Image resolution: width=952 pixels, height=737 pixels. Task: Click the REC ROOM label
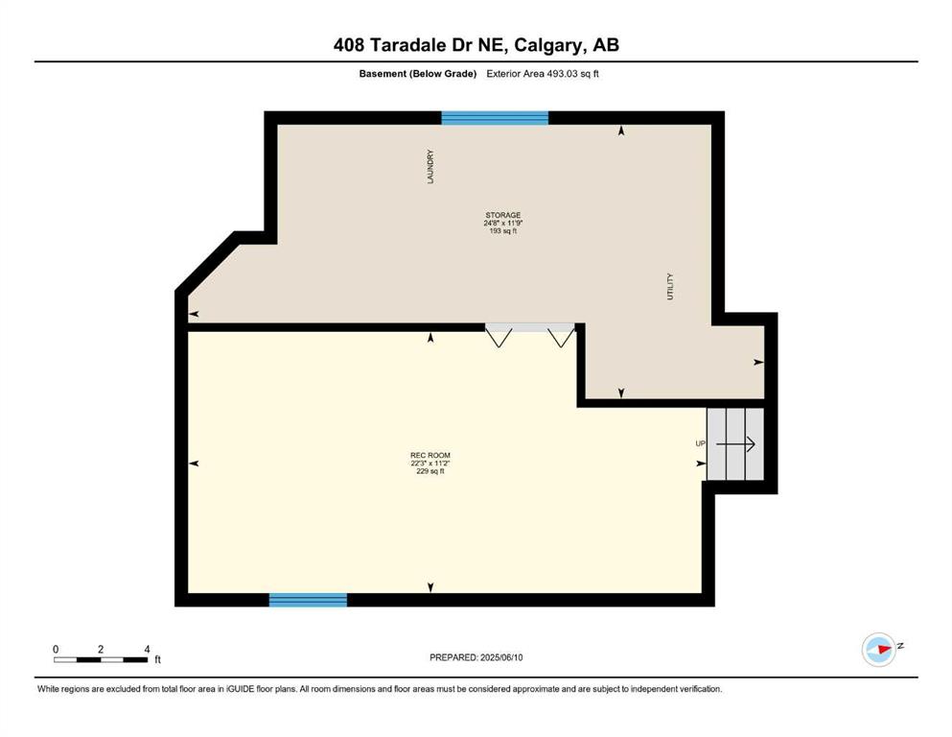point(430,455)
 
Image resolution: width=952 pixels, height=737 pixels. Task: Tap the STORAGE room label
point(502,215)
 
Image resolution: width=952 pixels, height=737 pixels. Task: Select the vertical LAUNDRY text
point(430,166)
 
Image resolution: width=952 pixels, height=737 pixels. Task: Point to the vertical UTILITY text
point(670,286)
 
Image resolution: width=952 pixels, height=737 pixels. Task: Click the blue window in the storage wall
point(495,118)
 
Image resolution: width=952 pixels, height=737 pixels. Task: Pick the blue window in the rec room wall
point(308,600)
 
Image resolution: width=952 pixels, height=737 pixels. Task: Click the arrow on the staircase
point(735,444)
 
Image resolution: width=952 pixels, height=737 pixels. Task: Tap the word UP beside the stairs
point(700,443)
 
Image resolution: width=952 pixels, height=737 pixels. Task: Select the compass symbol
point(879,650)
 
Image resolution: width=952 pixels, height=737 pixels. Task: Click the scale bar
point(101,660)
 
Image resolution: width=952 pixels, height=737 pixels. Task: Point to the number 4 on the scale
point(147,649)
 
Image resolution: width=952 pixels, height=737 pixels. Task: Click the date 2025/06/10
point(501,657)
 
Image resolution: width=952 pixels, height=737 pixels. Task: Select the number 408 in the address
point(349,45)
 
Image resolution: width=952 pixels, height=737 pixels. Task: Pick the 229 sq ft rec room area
point(430,471)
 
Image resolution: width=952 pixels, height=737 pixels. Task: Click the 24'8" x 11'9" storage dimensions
point(502,223)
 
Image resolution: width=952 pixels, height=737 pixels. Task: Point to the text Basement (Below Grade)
point(418,74)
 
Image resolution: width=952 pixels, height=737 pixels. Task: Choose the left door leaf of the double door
point(499,337)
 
